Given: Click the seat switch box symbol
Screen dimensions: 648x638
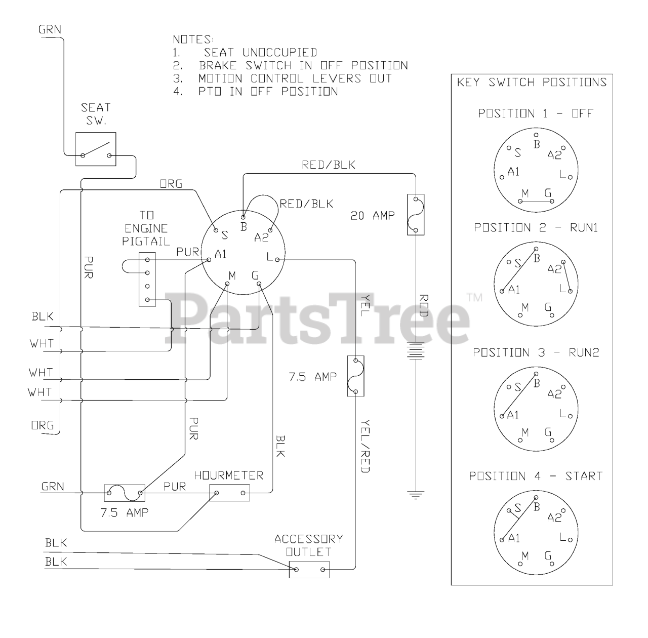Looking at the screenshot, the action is point(96,149).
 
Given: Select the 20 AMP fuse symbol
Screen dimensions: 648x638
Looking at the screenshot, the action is point(416,214).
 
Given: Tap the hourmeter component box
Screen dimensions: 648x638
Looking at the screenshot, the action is point(229,493).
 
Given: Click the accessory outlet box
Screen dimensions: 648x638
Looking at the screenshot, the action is point(309,570).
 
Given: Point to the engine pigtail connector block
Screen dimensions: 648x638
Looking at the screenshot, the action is point(147,280).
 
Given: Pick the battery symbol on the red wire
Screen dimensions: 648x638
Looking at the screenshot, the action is point(416,350).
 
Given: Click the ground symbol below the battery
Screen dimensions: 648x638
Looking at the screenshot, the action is point(416,495).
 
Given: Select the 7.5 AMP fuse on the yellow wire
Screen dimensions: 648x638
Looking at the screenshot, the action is point(355,376).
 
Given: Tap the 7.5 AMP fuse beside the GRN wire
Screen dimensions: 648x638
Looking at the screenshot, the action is point(125,493).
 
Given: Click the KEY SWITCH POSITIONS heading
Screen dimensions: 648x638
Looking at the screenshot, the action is point(532,83).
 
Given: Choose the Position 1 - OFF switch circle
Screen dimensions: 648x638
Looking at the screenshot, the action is point(536,170).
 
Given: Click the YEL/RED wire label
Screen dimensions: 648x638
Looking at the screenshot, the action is point(366,447).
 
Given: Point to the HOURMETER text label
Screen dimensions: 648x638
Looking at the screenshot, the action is point(229,475).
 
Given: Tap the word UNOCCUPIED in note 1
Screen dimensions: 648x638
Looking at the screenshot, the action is point(280,53).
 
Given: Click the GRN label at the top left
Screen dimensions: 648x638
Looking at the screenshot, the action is point(50,29).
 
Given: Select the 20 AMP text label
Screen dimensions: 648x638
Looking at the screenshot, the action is point(373,216).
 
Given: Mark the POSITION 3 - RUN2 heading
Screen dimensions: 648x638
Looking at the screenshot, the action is point(536,352).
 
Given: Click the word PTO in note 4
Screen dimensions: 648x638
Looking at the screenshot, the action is point(210,92).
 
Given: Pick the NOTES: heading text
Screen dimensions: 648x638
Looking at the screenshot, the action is point(193,39).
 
